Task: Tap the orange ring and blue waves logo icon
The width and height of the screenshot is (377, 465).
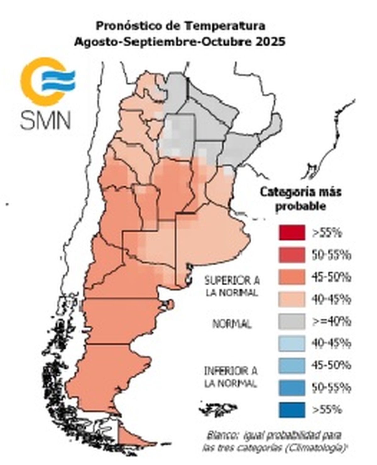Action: pyautogui.click(x=47, y=81)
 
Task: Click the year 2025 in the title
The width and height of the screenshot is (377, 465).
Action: pyautogui.click(x=270, y=42)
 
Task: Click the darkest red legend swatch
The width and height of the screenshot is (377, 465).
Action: pyautogui.click(x=291, y=233)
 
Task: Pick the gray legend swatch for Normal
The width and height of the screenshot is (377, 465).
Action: pyautogui.click(x=291, y=321)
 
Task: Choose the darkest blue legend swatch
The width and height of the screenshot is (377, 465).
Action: pyautogui.click(x=291, y=410)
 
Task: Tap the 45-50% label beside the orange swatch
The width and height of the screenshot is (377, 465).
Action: pyautogui.click(x=331, y=277)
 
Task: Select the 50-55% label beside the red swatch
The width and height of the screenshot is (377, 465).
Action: pyautogui.click(x=331, y=255)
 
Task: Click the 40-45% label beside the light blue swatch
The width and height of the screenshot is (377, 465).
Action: pyautogui.click(x=331, y=344)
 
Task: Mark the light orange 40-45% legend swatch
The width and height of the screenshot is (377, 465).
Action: pyautogui.click(x=291, y=299)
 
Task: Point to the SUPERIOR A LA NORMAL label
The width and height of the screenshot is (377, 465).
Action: pyautogui.click(x=232, y=286)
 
